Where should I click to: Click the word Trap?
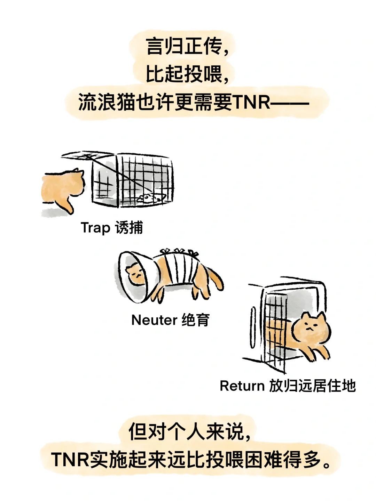tap(95, 228)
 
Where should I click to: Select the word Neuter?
tap(154, 320)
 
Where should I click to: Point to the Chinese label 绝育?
tap(196, 320)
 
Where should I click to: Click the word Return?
tap(242, 386)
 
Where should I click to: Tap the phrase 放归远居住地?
tap(312, 386)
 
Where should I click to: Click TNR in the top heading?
tap(251, 103)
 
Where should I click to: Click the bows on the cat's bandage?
tap(179, 251)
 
